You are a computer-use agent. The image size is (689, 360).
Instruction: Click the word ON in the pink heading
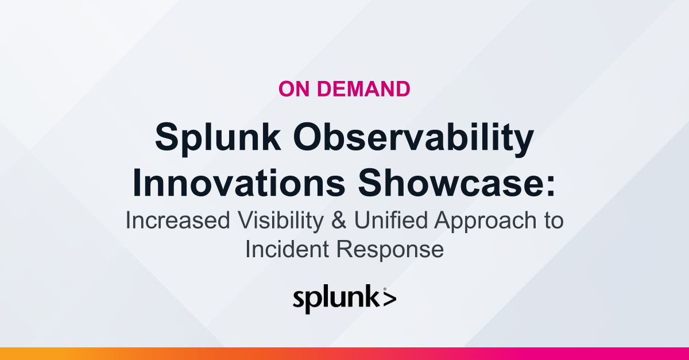[294, 89]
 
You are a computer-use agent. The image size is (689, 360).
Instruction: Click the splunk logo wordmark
[336, 300]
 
